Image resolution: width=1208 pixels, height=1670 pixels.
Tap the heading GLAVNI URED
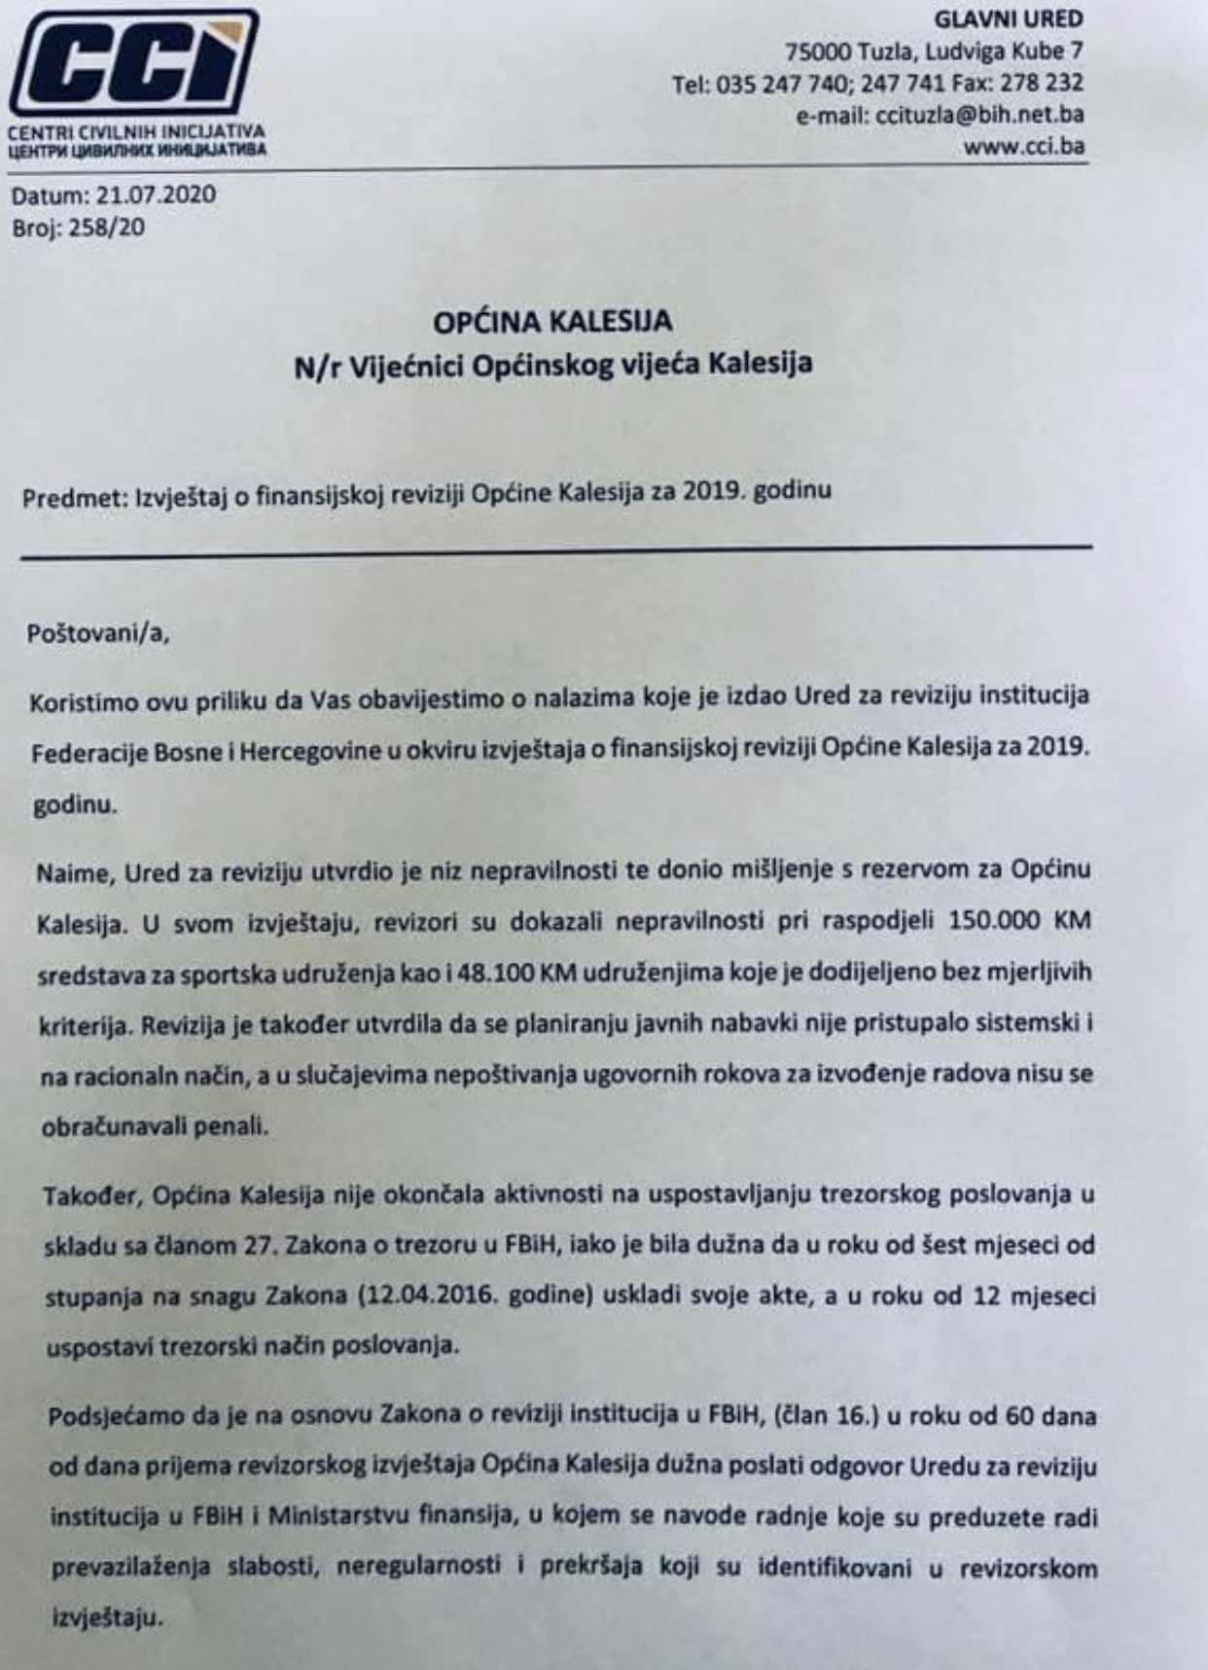(1009, 19)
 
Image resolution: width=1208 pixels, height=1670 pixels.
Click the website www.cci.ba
(1023, 147)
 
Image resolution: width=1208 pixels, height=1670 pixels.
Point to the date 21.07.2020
(156, 195)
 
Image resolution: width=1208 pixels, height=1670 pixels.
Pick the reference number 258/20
(106, 229)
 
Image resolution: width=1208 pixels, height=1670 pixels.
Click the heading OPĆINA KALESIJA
(552, 320)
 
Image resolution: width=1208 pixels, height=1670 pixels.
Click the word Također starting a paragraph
(90, 1194)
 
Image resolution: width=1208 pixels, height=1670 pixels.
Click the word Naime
(73, 872)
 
